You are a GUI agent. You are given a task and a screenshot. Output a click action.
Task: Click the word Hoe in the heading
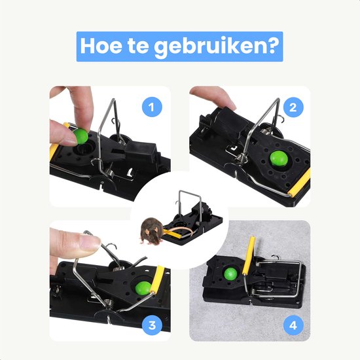click(x=101, y=46)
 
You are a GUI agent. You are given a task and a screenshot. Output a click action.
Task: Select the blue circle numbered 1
click(x=152, y=107)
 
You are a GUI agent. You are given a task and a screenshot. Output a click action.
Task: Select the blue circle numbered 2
click(x=293, y=107)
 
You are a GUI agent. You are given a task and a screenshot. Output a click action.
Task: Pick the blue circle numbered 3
click(x=152, y=325)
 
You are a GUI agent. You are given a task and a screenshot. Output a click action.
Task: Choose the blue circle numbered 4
click(x=293, y=325)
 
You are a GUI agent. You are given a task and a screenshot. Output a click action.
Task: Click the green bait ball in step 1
click(x=81, y=136)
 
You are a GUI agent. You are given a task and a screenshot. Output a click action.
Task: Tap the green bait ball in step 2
click(x=279, y=158)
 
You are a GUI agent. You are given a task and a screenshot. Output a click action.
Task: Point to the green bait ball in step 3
click(x=143, y=288)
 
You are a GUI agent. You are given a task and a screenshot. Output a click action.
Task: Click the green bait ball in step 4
click(x=230, y=273)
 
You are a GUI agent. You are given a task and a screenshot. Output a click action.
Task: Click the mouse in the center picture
click(x=152, y=230)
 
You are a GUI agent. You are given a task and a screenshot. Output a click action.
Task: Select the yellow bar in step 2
click(x=300, y=182)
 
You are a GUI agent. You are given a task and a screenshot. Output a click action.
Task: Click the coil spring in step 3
click(x=110, y=302)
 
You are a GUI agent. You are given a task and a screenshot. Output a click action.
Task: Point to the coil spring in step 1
click(x=110, y=171)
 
